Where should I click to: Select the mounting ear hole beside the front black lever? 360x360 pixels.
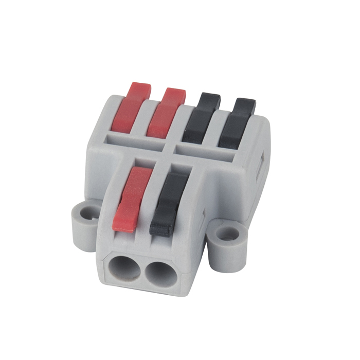coord(225,235)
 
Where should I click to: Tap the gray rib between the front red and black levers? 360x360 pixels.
coord(149,201)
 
